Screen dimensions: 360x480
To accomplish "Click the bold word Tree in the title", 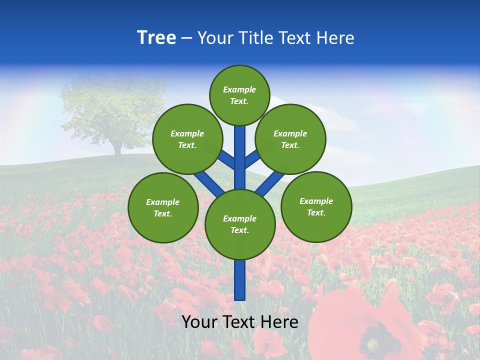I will point(156,38).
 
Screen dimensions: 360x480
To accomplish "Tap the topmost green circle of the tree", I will point(239,95).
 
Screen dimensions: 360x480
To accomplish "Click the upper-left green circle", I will point(187,139).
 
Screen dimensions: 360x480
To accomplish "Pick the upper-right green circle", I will point(290,139).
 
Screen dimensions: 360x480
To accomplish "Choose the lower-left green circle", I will point(163,207).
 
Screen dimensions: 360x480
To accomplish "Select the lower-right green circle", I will point(316,206).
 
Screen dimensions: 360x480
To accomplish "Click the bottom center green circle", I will point(240,224).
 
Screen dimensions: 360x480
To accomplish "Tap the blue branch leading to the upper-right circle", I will point(251,160).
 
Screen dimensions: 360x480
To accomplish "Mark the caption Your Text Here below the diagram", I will point(240,322).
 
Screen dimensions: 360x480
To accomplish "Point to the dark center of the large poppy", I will point(372,344).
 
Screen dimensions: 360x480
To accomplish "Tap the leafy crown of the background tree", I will point(114,107).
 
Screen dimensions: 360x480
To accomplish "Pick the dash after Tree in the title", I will point(186,38).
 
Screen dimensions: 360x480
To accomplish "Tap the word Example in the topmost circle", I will point(239,90).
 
